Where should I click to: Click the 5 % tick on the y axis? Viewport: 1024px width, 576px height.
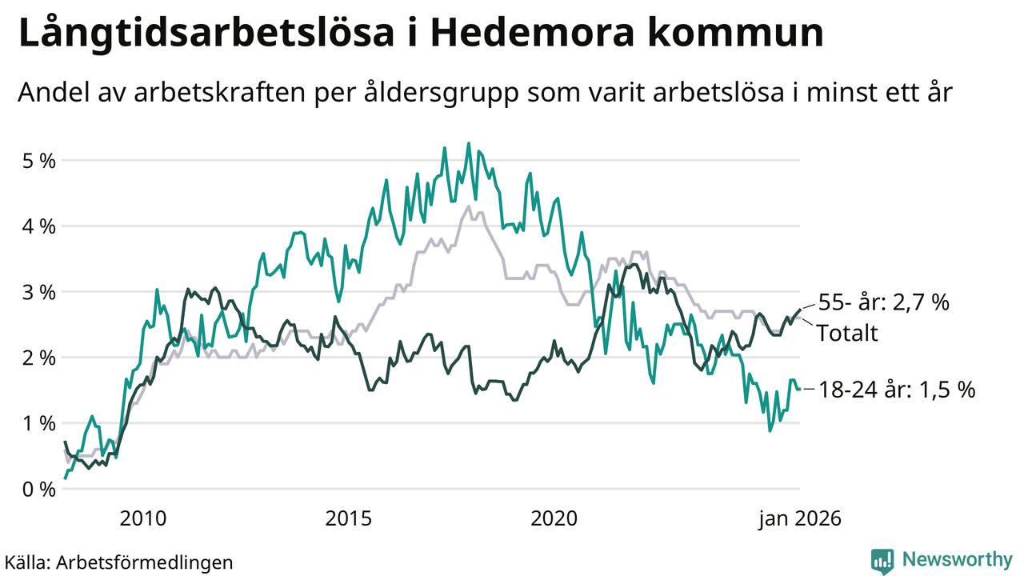[x=36, y=161]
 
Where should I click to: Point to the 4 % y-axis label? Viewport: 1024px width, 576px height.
[x=36, y=226]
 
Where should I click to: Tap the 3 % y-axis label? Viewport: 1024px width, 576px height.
[x=36, y=292]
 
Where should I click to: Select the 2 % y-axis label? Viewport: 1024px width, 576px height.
[x=36, y=358]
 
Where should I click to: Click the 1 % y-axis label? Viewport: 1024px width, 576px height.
[x=36, y=423]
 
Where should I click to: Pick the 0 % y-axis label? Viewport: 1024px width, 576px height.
[x=36, y=489]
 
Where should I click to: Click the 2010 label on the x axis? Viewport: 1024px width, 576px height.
[x=143, y=519]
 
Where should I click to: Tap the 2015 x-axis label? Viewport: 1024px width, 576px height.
[x=349, y=519]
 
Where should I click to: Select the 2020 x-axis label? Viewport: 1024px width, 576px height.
[x=554, y=519]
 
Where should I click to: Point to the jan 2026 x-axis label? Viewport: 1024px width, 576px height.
[x=800, y=519]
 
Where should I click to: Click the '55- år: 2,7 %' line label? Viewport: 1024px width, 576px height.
[x=883, y=303]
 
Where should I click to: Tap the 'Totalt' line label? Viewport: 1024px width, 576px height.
[x=846, y=333]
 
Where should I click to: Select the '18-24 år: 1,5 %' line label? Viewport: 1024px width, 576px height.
[x=897, y=390]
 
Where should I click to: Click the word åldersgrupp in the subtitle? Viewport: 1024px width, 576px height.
[x=474, y=94]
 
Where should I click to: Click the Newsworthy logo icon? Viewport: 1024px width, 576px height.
[x=882, y=561]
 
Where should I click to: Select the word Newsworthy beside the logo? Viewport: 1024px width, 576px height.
[x=958, y=559]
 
